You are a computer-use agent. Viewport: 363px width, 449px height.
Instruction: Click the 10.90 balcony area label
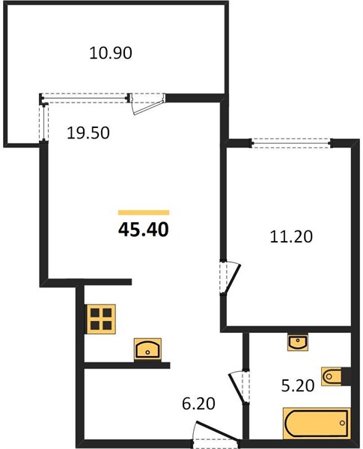111,53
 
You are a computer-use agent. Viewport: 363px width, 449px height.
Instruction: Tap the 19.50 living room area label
88,133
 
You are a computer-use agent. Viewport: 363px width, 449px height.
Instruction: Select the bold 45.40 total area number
144,230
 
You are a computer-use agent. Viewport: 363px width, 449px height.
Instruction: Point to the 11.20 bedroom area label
291,236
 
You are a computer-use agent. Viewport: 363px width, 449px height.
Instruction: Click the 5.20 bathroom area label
298,385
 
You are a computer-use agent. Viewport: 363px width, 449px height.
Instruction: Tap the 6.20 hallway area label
198,403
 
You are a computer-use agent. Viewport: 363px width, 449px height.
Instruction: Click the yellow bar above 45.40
144,213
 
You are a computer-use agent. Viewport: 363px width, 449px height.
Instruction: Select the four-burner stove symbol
101,319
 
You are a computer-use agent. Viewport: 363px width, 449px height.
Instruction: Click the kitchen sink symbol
147,349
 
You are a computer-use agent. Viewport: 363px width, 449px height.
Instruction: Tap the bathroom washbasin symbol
298,342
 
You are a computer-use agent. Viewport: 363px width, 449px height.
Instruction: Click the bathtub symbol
317,423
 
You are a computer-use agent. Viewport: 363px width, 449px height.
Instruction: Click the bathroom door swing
238,388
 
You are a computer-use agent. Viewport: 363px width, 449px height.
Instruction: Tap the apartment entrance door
216,431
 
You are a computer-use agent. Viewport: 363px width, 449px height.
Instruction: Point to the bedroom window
292,143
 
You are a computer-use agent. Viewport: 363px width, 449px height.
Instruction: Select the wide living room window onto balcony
85,98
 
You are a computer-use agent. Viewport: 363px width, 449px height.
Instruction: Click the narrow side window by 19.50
43,123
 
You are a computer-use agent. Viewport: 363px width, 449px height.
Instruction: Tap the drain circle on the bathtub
342,423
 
